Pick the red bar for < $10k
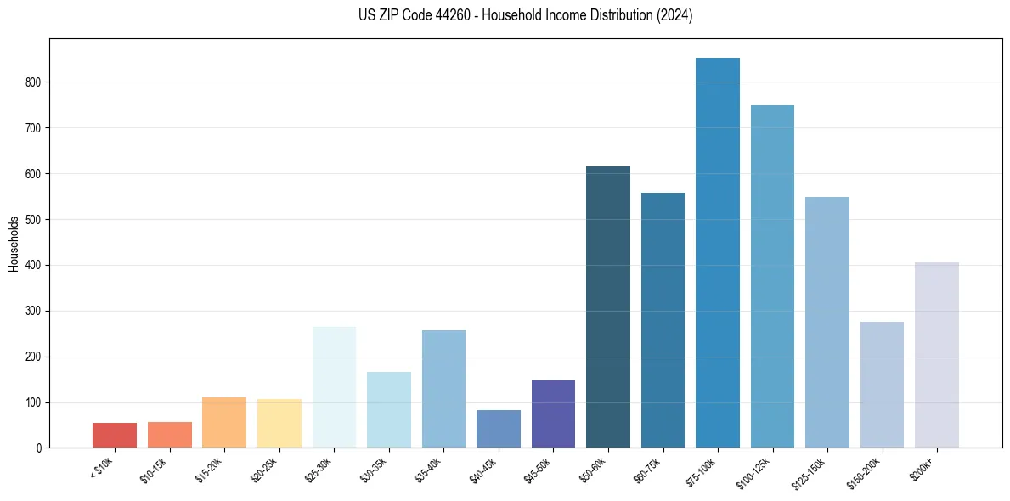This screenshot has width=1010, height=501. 115,435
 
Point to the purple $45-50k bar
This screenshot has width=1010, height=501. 553,414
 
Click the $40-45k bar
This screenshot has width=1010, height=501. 499,429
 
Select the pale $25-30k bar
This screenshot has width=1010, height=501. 334,387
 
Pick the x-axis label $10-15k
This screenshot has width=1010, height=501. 154,469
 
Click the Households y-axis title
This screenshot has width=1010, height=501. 14,244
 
